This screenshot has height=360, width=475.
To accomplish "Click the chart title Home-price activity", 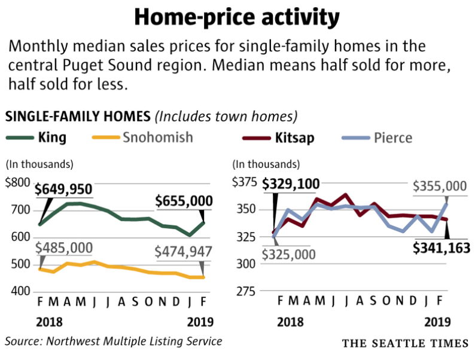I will [x=237, y=17].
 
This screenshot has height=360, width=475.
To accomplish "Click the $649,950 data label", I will [x=63, y=190].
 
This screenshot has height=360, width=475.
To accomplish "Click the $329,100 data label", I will [x=291, y=184].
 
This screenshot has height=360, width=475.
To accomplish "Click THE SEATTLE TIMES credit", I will [x=405, y=343].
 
